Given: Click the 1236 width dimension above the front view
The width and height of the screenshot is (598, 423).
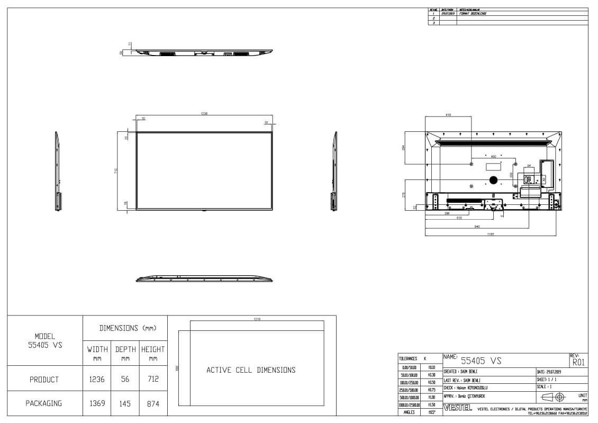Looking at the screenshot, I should [204, 113].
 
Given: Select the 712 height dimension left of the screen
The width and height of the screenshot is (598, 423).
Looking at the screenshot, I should [115, 170].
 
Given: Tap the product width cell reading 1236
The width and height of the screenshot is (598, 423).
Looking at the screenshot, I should [97, 380].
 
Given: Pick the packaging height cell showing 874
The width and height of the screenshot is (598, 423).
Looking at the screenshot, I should [153, 403].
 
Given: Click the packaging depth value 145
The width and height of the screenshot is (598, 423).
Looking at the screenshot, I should [125, 403].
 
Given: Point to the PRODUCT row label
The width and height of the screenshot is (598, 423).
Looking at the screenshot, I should [44, 380].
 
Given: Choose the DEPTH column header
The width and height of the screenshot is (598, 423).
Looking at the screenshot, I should [125, 349].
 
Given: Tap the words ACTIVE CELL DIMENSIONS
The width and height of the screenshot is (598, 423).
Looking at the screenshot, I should [251, 370].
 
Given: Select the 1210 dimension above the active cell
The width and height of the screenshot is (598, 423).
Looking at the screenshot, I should [257, 319].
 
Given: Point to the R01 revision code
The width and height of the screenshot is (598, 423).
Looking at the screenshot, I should [578, 362].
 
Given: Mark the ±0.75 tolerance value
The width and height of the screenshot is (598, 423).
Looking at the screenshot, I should [431, 390].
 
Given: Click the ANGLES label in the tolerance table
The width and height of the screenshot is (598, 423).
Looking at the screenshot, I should [409, 412].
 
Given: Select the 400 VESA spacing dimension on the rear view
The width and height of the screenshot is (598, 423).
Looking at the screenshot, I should [494, 157].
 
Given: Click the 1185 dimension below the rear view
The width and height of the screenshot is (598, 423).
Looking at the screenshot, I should [491, 233].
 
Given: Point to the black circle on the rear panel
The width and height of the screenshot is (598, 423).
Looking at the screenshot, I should [493, 180].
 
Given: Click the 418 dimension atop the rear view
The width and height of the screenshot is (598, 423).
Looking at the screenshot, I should [448, 114].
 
